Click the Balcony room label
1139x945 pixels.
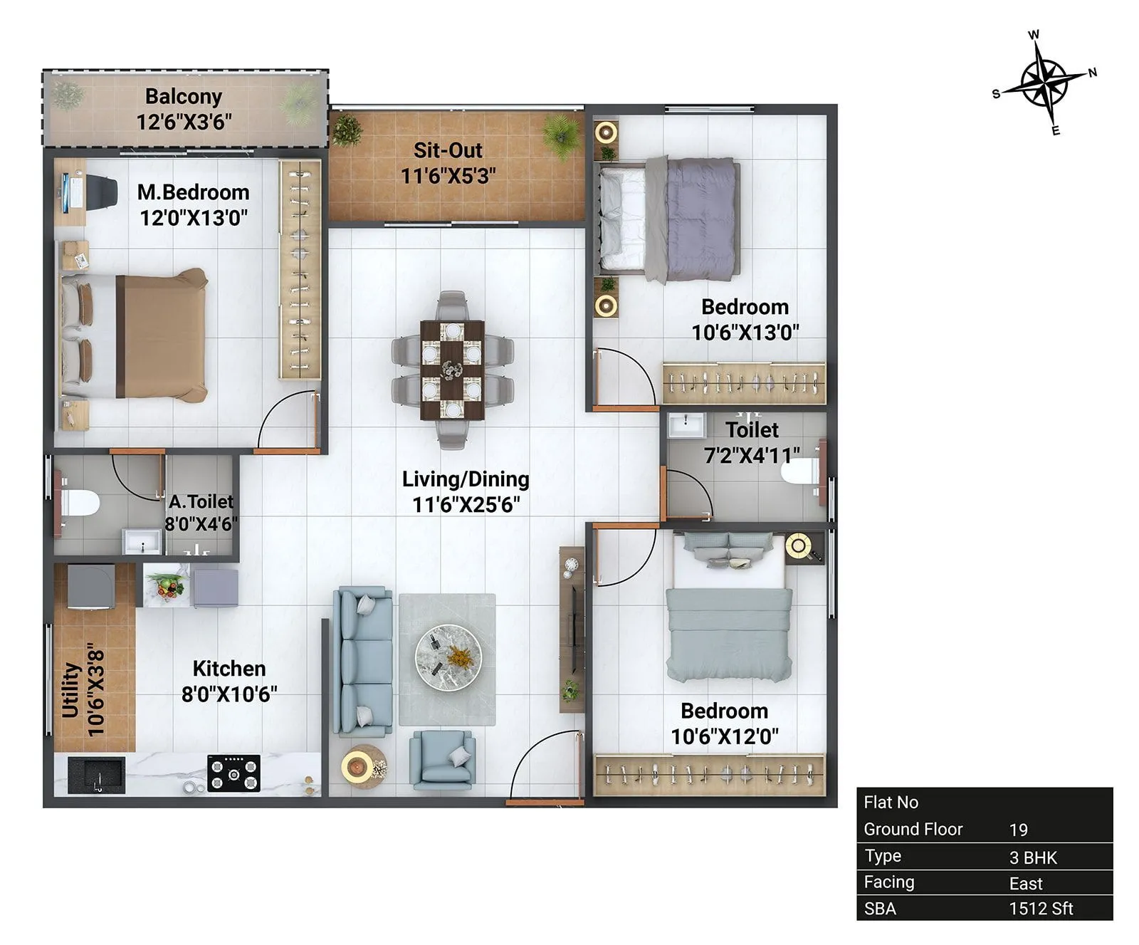(184, 96)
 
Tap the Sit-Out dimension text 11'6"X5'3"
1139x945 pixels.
(448, 176)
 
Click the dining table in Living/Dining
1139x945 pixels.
(452, 370)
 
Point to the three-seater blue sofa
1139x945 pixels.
(363, 662)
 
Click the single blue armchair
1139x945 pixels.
(442, 760)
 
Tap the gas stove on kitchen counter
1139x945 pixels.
(233, 773)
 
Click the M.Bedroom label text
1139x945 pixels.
(193, 192)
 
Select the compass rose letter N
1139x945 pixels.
(1092, 72)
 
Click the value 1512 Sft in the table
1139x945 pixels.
(1041, 909)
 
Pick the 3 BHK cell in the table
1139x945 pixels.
(1033, 857)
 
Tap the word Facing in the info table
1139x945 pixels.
(888, 882)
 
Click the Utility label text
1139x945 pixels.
(70, 690)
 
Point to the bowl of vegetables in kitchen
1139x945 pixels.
(166, 586)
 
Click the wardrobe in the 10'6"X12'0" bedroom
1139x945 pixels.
(709, 775)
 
